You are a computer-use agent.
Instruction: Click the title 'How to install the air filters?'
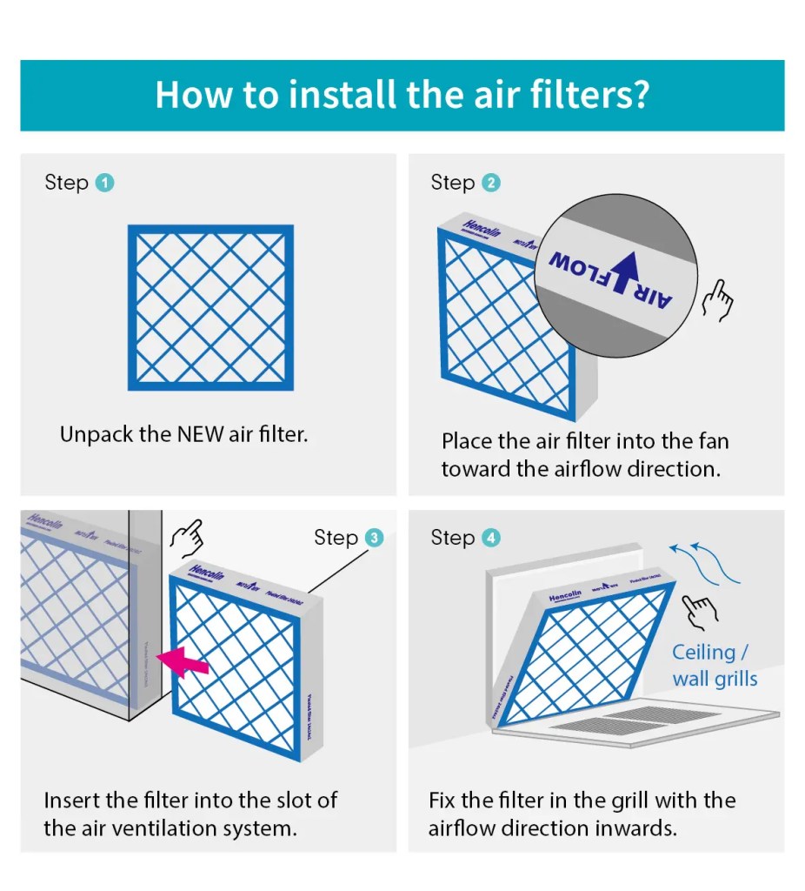402,94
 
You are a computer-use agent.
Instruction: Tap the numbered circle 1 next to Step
105,183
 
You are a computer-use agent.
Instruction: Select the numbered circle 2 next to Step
491,183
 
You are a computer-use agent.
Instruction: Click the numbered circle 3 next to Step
374,538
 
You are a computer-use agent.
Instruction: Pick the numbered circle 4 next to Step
491,538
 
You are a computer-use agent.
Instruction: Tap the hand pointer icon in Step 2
718,301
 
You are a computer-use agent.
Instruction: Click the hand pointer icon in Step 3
186,538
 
